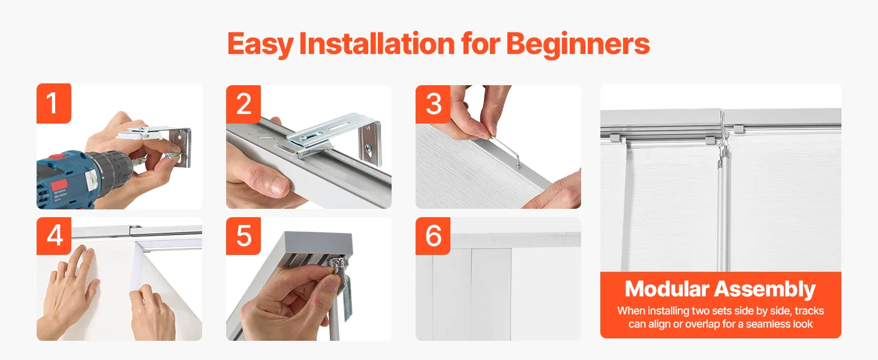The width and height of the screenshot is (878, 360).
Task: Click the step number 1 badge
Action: (x=54, y=104)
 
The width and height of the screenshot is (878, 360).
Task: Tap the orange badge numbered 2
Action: (x=243, y=104)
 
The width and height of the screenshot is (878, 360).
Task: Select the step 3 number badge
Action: (x=433, y=104)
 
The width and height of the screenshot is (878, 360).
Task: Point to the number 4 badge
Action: (x=54, y=236)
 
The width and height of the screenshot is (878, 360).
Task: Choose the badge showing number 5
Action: (x=243, y=236)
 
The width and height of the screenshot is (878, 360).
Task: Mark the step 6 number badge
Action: (x=433, y=236)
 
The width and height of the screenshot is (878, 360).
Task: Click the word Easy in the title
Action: (x=260, y=44)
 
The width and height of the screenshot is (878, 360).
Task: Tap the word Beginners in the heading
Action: (x=578, y=44)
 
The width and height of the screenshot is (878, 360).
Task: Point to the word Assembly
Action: (x=765, y=290)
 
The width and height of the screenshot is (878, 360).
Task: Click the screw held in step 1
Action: (x=173, y=155)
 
